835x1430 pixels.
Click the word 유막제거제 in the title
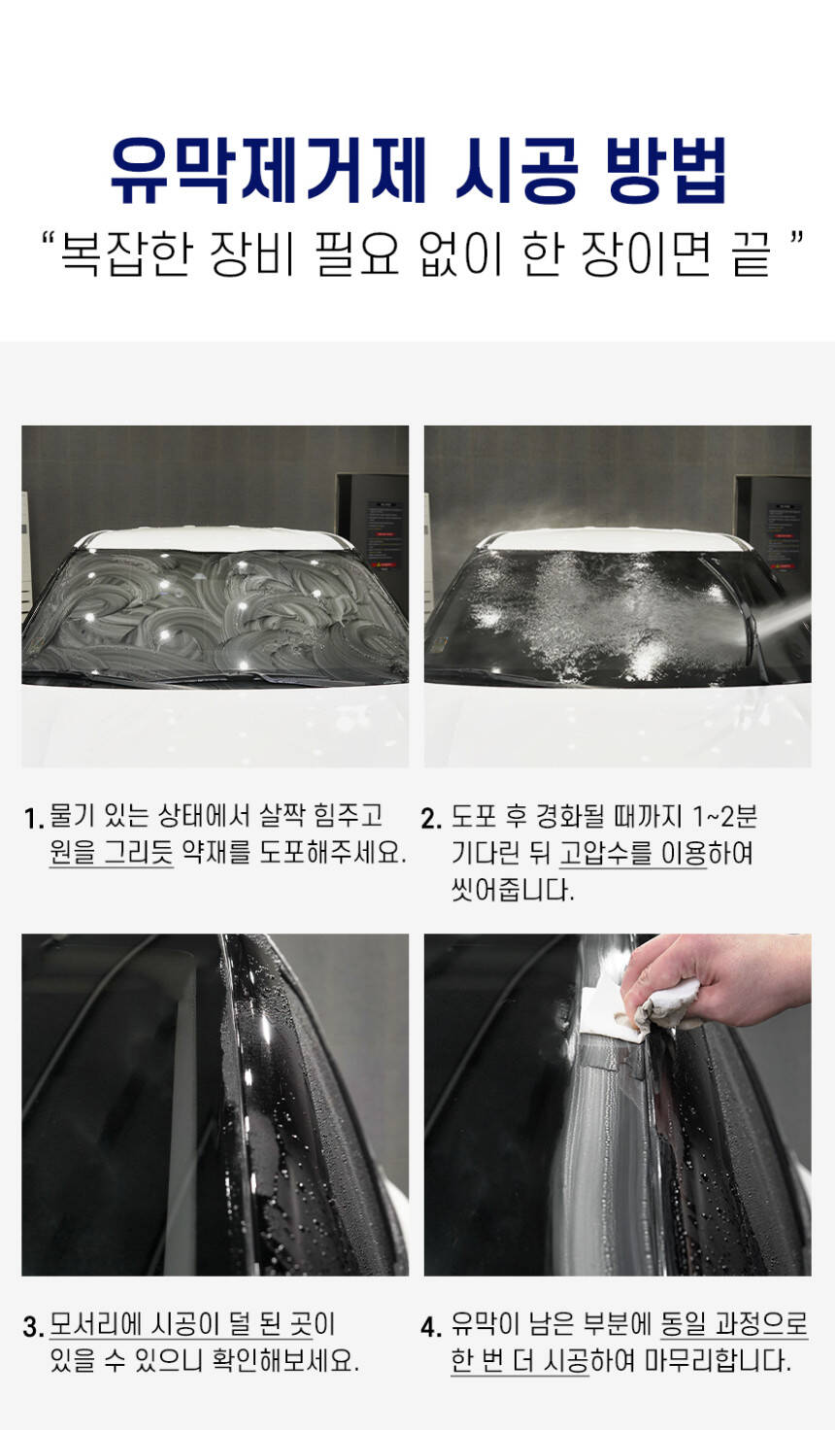(x=269, y=171)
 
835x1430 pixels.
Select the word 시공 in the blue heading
(x=517, y=171)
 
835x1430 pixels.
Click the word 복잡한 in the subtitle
(x=125, y=255)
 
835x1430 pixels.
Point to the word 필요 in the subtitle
(x=357, y=255)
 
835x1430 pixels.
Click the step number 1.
(x=33, y=818)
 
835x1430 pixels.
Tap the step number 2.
(x=431, y=818)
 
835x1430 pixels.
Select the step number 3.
(x=33, y=1327)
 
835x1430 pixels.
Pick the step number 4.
(x=431, y=1327)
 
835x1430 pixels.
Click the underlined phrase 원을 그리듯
(x=111, y=851)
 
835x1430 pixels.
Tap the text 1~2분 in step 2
(x=724, y=816)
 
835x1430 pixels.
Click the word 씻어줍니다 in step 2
(x=513, y=889)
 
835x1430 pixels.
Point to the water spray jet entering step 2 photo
(x=782, y=626)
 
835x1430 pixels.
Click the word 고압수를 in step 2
(x=606, y=853)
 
